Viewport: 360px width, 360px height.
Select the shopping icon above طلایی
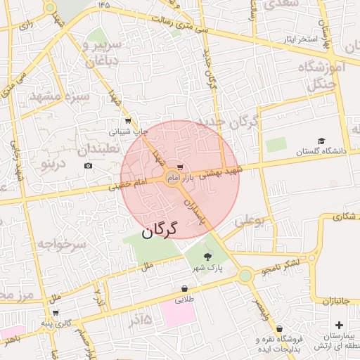pos(184,288)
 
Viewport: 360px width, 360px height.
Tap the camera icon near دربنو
pos(87,166)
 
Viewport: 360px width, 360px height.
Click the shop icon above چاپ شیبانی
pos(127,121)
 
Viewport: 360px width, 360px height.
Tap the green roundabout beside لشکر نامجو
pos(245,276)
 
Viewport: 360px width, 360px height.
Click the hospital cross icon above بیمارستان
pos(340,325)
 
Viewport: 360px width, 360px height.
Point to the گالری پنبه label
pos(37,323)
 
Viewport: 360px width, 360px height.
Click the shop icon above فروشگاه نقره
pos(279,328)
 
